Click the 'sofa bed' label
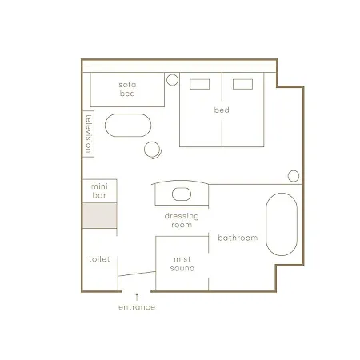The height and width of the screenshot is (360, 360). [127, 89]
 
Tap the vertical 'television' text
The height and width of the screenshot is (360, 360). [89, 134]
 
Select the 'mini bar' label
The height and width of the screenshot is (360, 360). [99, 190]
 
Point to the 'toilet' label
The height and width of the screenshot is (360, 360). [99, 259]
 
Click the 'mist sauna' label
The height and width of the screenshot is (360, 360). [182, 263]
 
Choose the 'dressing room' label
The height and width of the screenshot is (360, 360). [182, 220]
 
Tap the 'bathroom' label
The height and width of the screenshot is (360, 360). [238, 238]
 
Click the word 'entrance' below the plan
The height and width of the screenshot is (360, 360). [137, 307]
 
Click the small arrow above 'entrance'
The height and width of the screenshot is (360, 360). [137, 297]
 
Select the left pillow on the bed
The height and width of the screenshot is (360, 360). [199, 84]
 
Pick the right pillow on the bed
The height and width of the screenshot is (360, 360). [242, 84]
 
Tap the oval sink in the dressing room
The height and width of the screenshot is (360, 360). [182, 194]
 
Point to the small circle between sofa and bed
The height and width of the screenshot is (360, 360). [172, 80]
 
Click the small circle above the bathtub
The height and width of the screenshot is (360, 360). [294, 176]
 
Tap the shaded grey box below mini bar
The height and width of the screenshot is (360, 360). [100, 216]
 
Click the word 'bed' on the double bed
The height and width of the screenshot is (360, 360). [222, 110]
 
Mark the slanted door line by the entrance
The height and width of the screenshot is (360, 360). [137, 274]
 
